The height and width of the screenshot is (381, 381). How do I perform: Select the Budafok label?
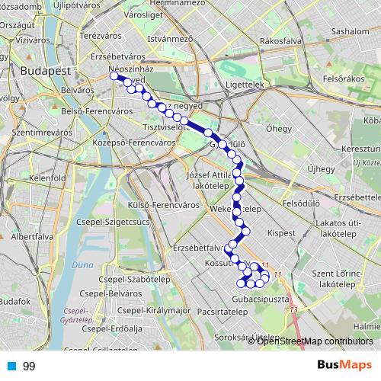[x=15, y=302]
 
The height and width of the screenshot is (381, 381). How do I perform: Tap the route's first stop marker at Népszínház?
[x=114, y=75]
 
